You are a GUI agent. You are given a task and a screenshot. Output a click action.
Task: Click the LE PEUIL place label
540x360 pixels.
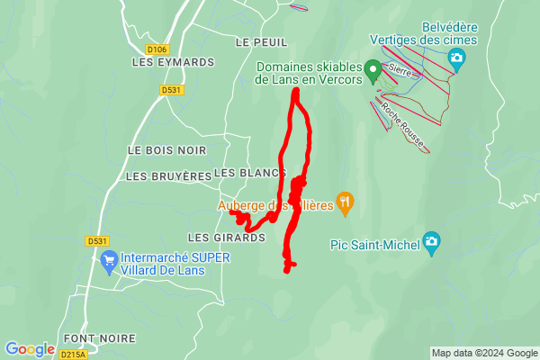(x=261, y=42)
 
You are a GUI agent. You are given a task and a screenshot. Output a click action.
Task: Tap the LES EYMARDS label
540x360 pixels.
(x=173, y=62)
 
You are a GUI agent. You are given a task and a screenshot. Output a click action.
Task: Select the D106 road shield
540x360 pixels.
(x=157, y=49)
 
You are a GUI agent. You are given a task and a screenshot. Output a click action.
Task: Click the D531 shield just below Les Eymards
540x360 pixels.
(x=171, y=90)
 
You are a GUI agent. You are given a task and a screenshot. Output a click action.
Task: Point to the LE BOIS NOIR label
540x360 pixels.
(x=166, y=149)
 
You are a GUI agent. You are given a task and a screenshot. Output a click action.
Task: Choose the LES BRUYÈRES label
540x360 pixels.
(x=168, y=176)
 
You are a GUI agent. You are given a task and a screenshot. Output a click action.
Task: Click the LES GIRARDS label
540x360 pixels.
(x=226, y=238)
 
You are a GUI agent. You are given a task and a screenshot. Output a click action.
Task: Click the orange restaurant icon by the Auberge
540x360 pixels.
(x=343, y=202)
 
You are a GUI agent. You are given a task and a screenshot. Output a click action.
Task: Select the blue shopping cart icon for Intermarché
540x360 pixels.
(x=110, y=262)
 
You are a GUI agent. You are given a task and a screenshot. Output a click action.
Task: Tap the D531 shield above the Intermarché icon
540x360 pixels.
(x=97, y=241)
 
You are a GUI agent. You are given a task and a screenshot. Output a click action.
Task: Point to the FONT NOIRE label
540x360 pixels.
(x=100, y=338)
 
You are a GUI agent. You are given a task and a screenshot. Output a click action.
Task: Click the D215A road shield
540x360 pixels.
(x=74, y=355)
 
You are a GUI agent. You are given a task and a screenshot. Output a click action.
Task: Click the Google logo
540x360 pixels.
(x=31, y=349)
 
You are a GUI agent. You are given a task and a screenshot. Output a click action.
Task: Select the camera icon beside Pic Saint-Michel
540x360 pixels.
(x=433, y=242)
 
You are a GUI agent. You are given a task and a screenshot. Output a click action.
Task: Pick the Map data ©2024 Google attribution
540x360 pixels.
(x=483, y=353)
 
